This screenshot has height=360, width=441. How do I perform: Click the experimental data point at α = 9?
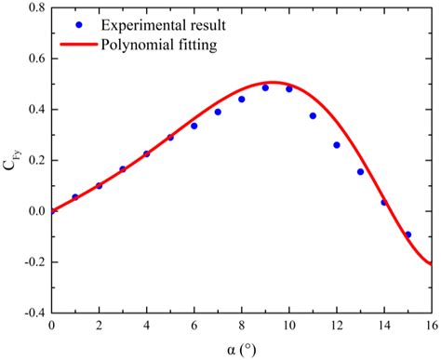265,88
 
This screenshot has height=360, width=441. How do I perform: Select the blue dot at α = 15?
408,234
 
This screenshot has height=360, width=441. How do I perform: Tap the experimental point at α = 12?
336,145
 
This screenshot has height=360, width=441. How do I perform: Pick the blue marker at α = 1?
75,197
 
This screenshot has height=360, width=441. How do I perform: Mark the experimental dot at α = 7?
218,112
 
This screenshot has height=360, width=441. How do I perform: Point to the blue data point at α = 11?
313,116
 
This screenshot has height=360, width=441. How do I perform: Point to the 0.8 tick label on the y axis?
33,8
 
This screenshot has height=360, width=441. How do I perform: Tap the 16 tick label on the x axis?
431,327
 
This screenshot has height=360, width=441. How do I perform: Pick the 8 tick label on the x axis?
241,327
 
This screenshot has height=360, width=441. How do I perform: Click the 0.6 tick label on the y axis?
33,60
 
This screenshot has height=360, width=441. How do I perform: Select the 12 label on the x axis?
336,327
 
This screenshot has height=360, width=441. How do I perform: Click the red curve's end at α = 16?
431,263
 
